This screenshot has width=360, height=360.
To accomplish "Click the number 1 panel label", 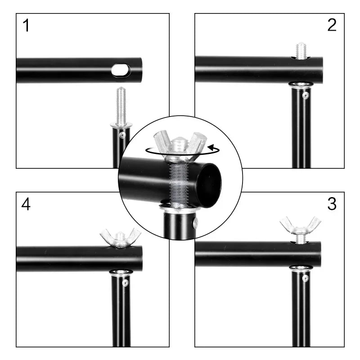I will coord(27,26).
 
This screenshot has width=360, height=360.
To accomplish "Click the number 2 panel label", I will coord(332,25).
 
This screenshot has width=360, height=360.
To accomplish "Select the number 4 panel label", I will coord(26,205).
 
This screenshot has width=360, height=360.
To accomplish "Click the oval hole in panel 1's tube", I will coord(121,70).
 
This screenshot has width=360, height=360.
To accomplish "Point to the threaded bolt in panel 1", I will coord(121,106).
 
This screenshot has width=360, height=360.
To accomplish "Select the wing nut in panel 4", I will coord(120,237).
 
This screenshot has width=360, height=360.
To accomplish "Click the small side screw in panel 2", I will coord(306,96).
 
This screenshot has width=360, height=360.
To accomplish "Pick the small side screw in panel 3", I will coord(306,278).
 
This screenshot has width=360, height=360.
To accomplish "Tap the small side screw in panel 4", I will coord(126,283).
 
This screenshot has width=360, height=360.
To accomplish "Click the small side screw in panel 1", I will coord(122,135).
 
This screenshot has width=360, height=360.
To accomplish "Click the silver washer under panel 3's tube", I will coord(301,268).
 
